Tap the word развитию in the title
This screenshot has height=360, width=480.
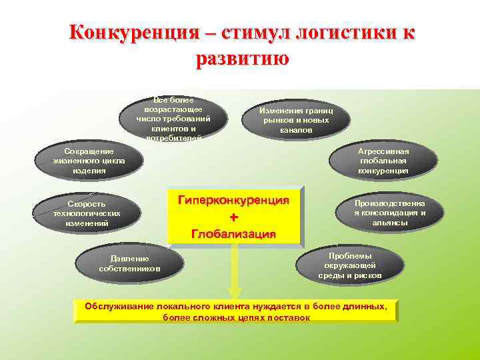coord(243,58)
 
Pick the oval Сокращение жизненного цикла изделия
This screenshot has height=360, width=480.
coord(89,161)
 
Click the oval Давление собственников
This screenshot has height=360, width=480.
coord(129,263)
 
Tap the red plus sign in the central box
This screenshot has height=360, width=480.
coord(233,218)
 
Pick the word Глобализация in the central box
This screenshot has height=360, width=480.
coord(233,234)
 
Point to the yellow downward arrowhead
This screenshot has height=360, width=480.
coord(233,291)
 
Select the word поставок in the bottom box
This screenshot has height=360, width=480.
coord(291,317)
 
